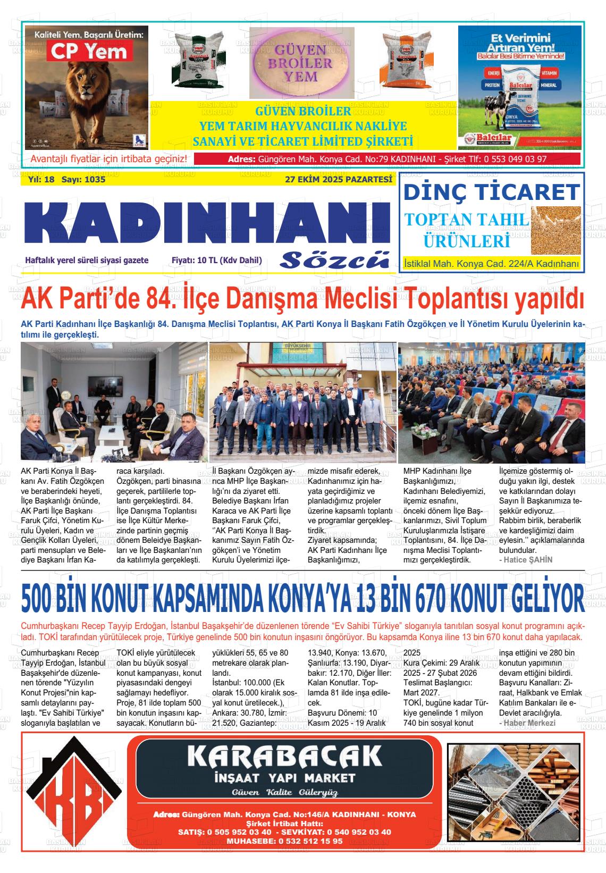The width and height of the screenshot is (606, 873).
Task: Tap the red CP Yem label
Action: click(x=88, y=52)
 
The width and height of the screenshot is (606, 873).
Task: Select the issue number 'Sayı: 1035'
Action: click(x=83, y=180)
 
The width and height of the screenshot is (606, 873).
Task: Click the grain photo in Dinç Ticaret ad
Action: click(x=555, y=228)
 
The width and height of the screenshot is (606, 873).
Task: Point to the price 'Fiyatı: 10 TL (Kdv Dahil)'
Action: click(x=216, y=261)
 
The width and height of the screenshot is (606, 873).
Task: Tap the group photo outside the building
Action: click(x=303, y=402)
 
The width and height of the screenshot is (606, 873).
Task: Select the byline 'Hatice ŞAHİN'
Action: click(x=526, y=559)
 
